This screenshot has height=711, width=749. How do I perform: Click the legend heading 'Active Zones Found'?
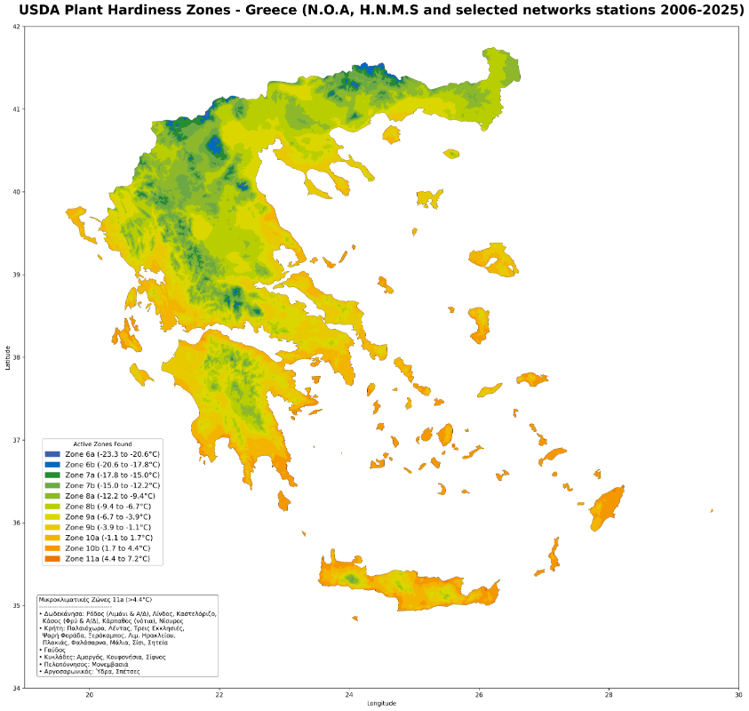tap(102, 443)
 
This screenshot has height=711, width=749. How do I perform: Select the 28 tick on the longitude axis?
tap(609, 695)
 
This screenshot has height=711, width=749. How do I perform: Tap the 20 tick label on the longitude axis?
tap(89, 695)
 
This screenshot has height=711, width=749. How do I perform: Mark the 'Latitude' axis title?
tap(7, 357)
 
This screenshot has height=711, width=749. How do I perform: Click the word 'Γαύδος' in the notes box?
tap(56, 650)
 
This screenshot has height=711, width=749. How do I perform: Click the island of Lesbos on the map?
tap(496, 260)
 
